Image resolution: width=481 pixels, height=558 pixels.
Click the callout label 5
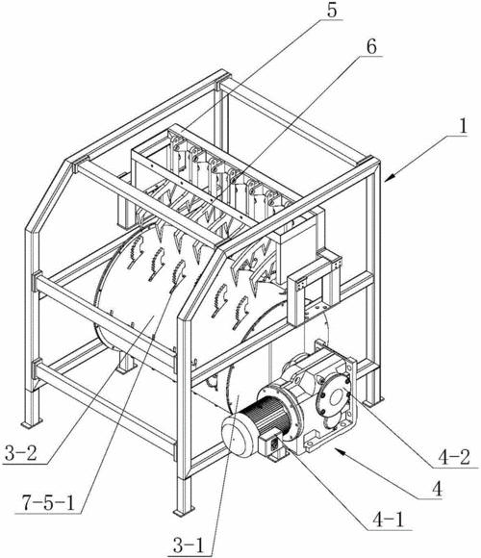331,11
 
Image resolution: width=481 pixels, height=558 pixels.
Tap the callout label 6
371,47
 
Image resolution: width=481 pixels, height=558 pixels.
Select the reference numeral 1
462,126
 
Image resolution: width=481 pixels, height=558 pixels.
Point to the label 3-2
20,454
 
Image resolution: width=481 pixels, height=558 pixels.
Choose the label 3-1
189,545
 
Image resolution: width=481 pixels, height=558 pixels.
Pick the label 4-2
454,457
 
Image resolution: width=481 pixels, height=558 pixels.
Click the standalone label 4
436,489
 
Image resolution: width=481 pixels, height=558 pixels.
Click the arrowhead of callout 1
389,177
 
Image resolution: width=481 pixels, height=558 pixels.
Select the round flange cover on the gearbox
335,398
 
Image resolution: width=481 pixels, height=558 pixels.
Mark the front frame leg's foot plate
184,512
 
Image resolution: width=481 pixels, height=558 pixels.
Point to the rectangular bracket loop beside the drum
312,281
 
